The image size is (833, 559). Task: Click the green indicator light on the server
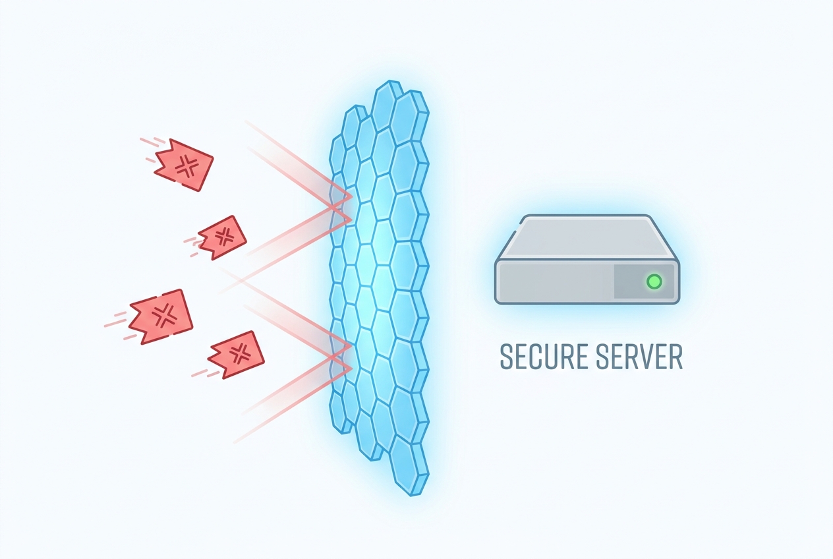point(654,281)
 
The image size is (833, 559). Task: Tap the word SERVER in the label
point(639,357)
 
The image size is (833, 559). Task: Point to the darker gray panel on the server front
point(644,281)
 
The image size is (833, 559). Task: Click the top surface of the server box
point(587,237)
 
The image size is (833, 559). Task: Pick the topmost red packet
point(184,165)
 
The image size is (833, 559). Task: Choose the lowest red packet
point(236,355)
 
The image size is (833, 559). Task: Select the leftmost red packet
point(161,316)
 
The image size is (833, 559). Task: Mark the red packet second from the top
point(222,237)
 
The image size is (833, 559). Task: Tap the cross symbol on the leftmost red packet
point(164,315)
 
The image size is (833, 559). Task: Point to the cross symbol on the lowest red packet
point(239,354)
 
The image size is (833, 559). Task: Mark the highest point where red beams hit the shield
point(350,196)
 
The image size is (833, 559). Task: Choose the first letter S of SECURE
point(507,357)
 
